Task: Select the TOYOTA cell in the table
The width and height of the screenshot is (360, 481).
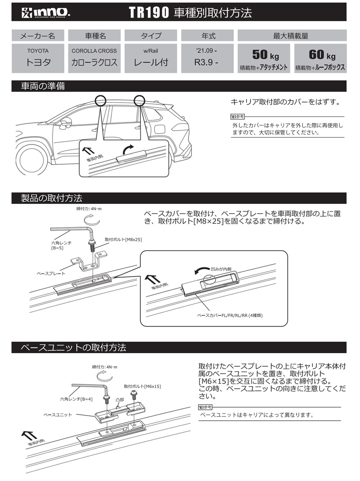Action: tap(38, 58)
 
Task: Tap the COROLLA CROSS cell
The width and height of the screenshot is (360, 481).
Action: tap(94, 58)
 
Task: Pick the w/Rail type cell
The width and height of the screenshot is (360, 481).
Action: tap(151, 58)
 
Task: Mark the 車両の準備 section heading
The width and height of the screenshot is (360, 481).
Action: tap(43, 86)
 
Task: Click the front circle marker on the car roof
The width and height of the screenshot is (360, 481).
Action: tap(100, 100)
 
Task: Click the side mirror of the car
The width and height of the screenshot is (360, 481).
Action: tap(66, 122)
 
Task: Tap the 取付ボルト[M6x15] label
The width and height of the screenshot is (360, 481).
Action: tap(142, 386)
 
